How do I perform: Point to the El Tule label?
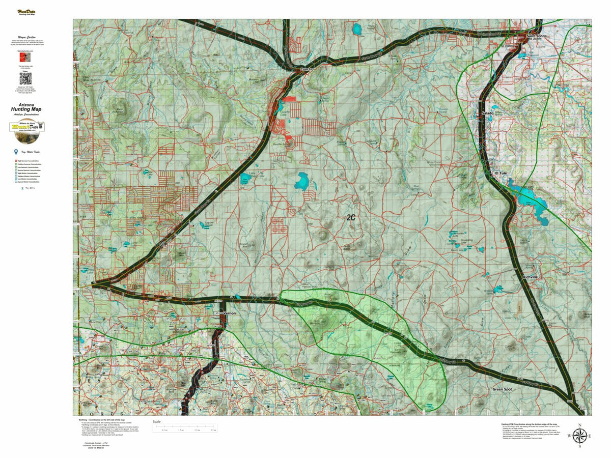coord(501,173)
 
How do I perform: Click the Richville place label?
coord(533,277)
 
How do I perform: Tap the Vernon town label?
coord(230,313)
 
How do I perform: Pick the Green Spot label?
coord(502,389)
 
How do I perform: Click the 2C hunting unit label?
coord(351,217)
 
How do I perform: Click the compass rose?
coord(579,436)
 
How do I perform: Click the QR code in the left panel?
coord(25,78)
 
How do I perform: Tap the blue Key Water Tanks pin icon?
coord(16,152)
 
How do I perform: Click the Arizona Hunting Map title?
coord(25,108)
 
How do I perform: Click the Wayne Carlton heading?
coord(25,38)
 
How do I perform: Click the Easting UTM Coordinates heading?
coord(530,423)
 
